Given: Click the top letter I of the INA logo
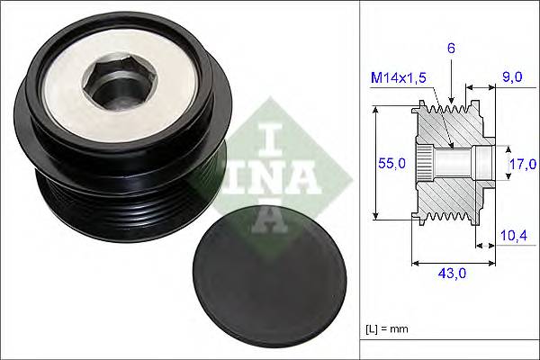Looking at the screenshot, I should pos(267,139).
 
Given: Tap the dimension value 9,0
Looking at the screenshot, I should pos(514,77).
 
